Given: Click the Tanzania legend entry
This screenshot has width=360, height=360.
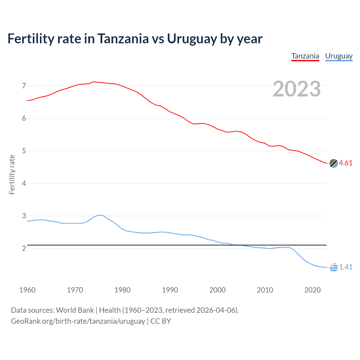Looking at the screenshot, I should pyautogui.click(x=305, y=56).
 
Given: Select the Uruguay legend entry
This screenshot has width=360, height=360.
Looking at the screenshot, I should pyautogui.click(x=339, y=56).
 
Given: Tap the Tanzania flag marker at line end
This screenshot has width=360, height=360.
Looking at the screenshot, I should pyautogui.click(x=334, y=163).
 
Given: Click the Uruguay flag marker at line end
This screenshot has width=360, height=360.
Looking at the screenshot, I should pyautogui.click(x=334, y=267).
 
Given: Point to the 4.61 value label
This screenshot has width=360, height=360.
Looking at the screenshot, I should pyautogui.click(x=346, y=163).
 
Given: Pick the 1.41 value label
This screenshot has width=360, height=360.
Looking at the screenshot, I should pyautogui.click(x=346, y=267).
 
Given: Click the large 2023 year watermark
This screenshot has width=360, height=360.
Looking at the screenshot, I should pyautogui.click(x=296, y=89).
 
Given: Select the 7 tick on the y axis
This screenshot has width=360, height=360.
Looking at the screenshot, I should pyautogui.click(x=24, y=86).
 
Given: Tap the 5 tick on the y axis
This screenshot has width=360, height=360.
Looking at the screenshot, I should pyautogui.click(x=24, y=151).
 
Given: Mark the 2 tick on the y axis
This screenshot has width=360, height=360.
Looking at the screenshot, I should pyautogui.click(x=24, y=249).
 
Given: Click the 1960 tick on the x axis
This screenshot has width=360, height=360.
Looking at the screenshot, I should pyautogui.click(x=27, y=290).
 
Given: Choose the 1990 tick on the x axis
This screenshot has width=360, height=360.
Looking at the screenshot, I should pyautogui.click(x=170, y=290).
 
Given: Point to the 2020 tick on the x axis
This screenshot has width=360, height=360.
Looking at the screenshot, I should pyautogui.click(x=312, y=290).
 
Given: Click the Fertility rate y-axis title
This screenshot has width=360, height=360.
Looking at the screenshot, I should pyautogui.click(x=12, y=174).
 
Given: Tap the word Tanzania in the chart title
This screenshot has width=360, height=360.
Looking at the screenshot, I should pyautogui.click(x=123, y=39).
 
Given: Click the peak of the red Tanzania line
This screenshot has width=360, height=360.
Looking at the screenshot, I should pyautogui.click(x=94, y=82).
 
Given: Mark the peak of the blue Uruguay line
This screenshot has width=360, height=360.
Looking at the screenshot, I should pyautogui.click(x=99, y=215).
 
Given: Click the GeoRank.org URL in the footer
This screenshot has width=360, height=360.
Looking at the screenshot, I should pyautogui.click(x=78, y=321).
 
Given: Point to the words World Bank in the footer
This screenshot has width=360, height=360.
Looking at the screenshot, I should pyautogui.click(x=75, y=310).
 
